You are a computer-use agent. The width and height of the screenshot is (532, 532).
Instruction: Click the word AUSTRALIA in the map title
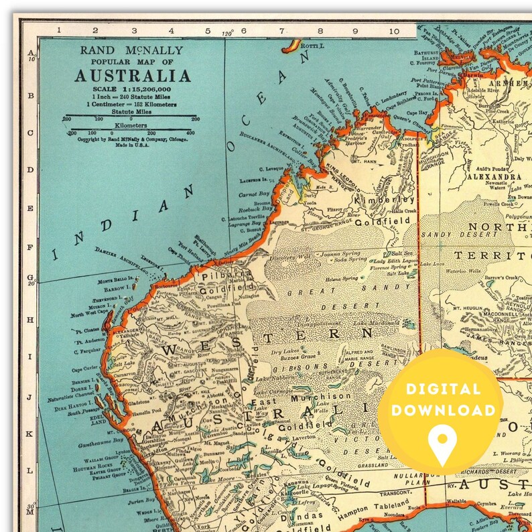point(132,75)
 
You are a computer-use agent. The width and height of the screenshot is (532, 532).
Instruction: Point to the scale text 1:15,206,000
point(132,88)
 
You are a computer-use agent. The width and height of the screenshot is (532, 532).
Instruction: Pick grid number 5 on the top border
point(207,30)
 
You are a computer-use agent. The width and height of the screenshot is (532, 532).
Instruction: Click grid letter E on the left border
point(29,208)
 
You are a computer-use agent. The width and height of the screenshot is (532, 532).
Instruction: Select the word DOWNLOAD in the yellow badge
point(444,410)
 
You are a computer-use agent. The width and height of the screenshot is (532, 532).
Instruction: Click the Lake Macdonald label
point(377,324)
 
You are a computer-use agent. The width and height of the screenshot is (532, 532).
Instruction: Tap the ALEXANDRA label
point(486,178)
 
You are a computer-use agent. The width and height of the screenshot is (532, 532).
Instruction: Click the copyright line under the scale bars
point(131,140)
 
